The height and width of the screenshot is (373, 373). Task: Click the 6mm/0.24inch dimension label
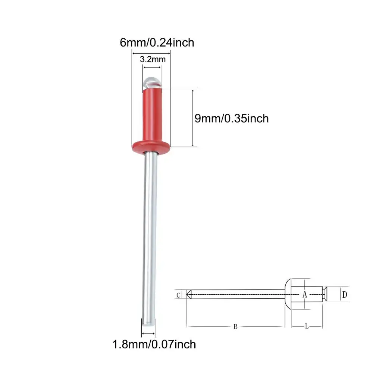[x=157, y=43]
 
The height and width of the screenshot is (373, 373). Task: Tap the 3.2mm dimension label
[x=153, y=59]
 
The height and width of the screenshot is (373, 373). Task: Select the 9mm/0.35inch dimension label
[x=232, y=119]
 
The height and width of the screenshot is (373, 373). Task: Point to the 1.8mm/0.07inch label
[x=154, y=344]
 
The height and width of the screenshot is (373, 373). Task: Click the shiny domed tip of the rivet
[x=153, y=82]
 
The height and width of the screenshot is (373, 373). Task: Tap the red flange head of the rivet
[x=151, y=147]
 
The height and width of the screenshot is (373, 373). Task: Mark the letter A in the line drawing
[x=305, y=295]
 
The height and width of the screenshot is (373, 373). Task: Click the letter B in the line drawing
[x=235, y=327]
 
